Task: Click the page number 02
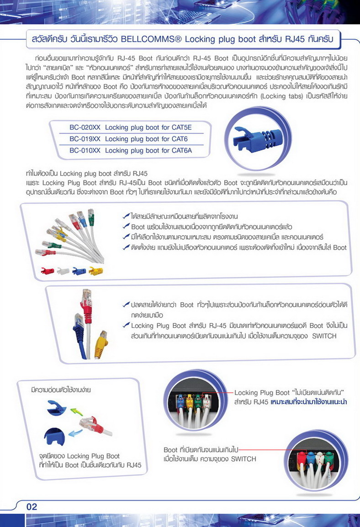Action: [x=32, y=506]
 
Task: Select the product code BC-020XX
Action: [x=85, y=127]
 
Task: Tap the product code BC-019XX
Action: [x=85, y=139]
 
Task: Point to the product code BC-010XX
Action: [x=85, y=150]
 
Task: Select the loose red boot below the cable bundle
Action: [x=48, y=271]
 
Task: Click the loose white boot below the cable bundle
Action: [x=63, y=271]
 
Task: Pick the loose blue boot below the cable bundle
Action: [x=79, y=271]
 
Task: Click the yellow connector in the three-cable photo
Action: [x=101, y=344]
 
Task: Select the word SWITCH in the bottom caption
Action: [x=244, y=459]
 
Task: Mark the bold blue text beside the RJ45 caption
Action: [x=309, y=402]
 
